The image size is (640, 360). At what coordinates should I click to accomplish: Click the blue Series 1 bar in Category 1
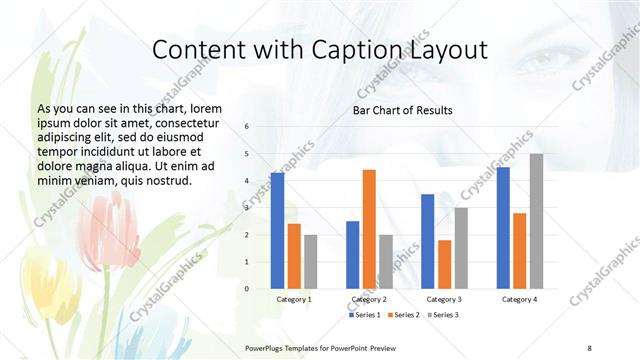click(x=277, y=231)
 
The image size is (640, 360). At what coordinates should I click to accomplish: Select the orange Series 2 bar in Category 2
click(x=369, y=229)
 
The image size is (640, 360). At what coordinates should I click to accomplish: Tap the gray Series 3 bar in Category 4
click(x=536, y=221)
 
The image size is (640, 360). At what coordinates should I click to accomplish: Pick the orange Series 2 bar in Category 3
click(x=444, y=264)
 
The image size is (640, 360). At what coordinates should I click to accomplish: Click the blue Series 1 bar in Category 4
click(x=503, y=228)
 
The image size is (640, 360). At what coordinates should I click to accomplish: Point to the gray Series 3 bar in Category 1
click(x=311, y=262)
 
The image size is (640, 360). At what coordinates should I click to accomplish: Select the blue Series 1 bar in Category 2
click(x=352, y=255)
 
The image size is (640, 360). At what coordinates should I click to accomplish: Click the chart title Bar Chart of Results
click(x=402, y=110)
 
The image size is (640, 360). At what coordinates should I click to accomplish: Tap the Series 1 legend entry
click(x=363, y=315)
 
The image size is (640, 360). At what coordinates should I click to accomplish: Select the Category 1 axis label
click(x=294, y=299)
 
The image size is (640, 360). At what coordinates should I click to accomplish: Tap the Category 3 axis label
click(x=444, y=299)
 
